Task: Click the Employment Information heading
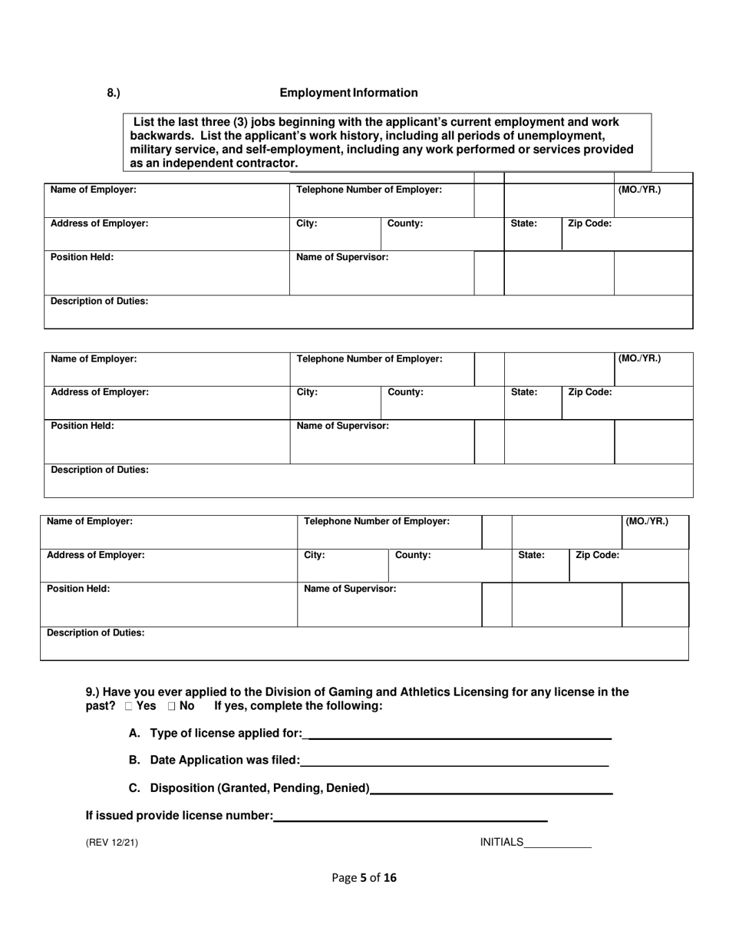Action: [x=348, y=93]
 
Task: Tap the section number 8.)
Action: [x=114, y=93]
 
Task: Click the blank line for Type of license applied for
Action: [x=458, y=734]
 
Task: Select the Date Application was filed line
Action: [x=454, y=761]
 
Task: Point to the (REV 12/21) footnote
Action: [x=112, y=843]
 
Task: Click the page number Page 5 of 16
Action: [x=364, y=878]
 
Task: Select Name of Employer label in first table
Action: [x=94, y=190]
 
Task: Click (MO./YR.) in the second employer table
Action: [x=640, y=358]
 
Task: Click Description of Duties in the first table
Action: [x=100, y=302]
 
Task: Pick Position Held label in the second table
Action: [x=82, y=426]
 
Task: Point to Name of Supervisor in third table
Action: [x=351, y=589]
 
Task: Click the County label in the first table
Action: [x=405, y=224]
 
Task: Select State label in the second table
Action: [x=524, y=392]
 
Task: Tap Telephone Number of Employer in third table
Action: [x=377, y=521]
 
